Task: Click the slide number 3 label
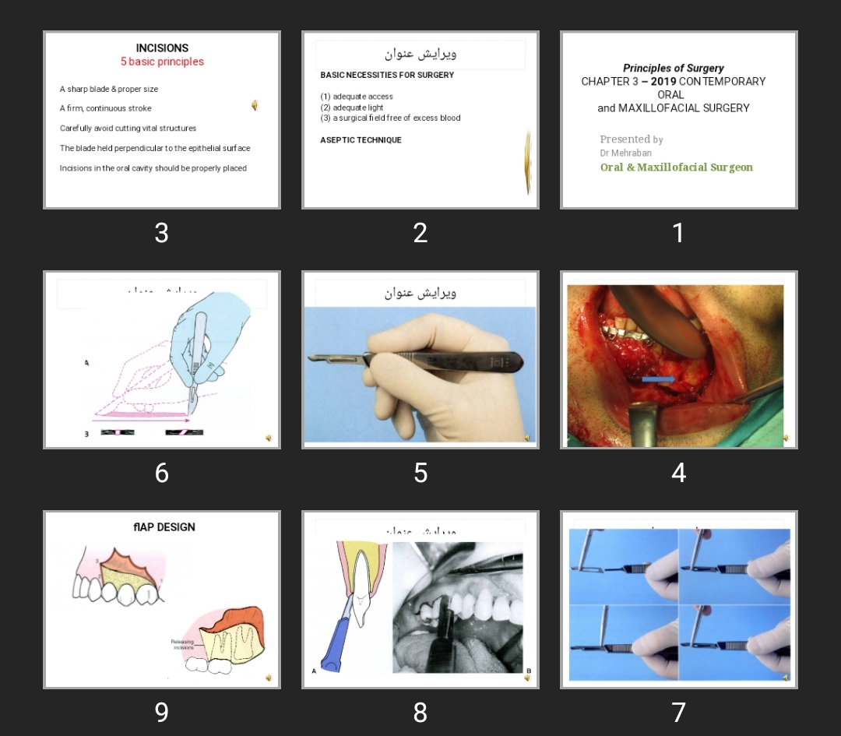pos(161,233)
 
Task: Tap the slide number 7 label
pos(678,712)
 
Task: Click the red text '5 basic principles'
pos(162,62)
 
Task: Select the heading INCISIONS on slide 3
pos(162,48)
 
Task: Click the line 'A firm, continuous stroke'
pos(106,109)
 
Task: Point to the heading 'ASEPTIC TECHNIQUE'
pos(361,140)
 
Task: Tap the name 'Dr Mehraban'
pos(625,153)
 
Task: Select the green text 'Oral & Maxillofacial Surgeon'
pos(676,167)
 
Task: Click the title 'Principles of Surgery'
pos(673,69)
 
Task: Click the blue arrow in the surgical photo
pos(659,379)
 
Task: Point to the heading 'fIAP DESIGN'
pos(164,527)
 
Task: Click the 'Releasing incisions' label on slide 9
pos(182,644)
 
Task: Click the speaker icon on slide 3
pos(255,105)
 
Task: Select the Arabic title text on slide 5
pos(420,293)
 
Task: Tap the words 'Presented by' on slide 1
pos(631,139)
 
